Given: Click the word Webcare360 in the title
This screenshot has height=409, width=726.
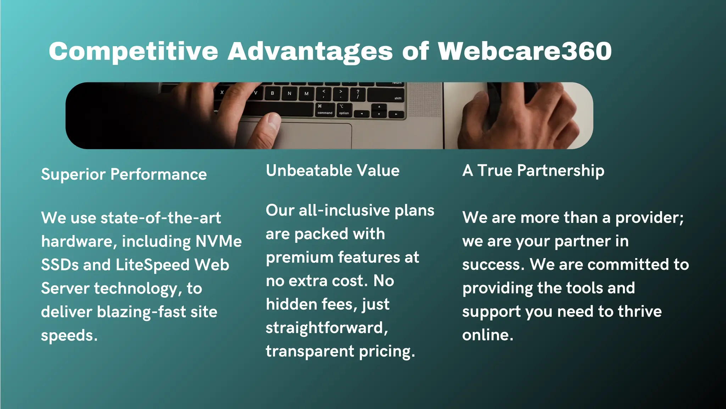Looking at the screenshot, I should click(525, 51).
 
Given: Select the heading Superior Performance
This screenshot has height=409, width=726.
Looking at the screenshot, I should click(124, 174).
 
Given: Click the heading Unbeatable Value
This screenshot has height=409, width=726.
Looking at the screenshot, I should click(333, 170).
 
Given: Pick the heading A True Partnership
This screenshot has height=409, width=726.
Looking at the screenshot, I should click(533, 170).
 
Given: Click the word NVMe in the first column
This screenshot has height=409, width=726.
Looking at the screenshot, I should click(218, 241).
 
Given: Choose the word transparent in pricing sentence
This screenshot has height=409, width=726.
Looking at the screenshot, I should click(310, 351).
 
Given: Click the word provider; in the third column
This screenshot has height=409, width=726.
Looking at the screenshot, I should click(649, 218).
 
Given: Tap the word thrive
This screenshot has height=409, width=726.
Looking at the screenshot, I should click(640, 311).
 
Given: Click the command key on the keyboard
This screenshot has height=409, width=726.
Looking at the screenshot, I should click(325, 110).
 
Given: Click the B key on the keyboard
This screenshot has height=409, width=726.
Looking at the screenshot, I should click(272, 93).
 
